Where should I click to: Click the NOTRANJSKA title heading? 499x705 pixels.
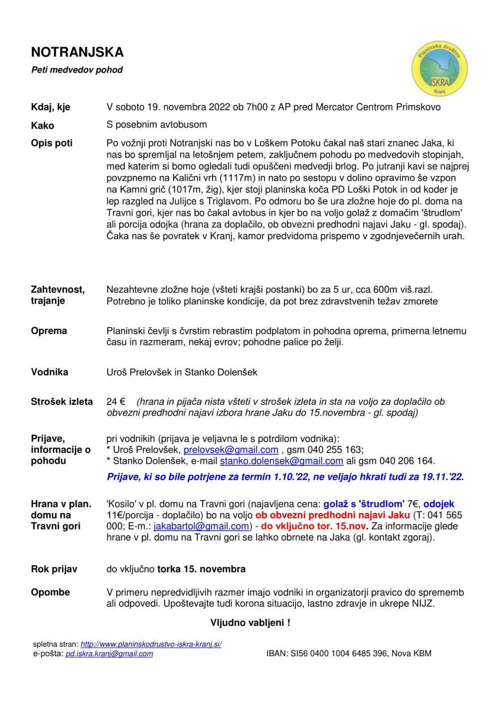77,52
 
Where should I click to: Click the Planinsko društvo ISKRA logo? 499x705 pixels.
439,68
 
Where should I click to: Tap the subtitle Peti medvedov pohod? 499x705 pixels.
77,70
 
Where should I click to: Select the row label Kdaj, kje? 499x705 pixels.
50,107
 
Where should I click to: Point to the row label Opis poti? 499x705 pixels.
51,143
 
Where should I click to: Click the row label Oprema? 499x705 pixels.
49,331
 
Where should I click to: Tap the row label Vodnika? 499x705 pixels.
49,372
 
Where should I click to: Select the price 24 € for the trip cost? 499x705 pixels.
116,402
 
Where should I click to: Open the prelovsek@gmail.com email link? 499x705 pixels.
231,450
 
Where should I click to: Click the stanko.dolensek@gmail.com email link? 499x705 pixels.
281,461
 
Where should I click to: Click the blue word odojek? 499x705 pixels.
439,504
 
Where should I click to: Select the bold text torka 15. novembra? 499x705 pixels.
201,569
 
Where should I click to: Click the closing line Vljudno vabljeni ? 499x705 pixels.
250,623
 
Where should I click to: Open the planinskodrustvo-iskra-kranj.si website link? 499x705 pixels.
151,644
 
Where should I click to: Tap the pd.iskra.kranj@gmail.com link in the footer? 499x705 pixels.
109,654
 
